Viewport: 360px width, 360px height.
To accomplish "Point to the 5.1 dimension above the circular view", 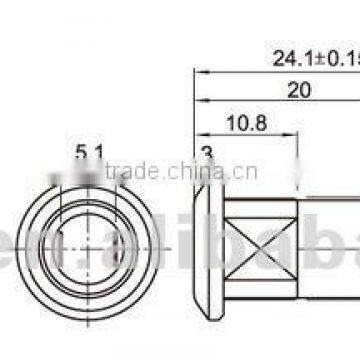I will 88,150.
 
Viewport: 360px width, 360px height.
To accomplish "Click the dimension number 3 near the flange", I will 205,151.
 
